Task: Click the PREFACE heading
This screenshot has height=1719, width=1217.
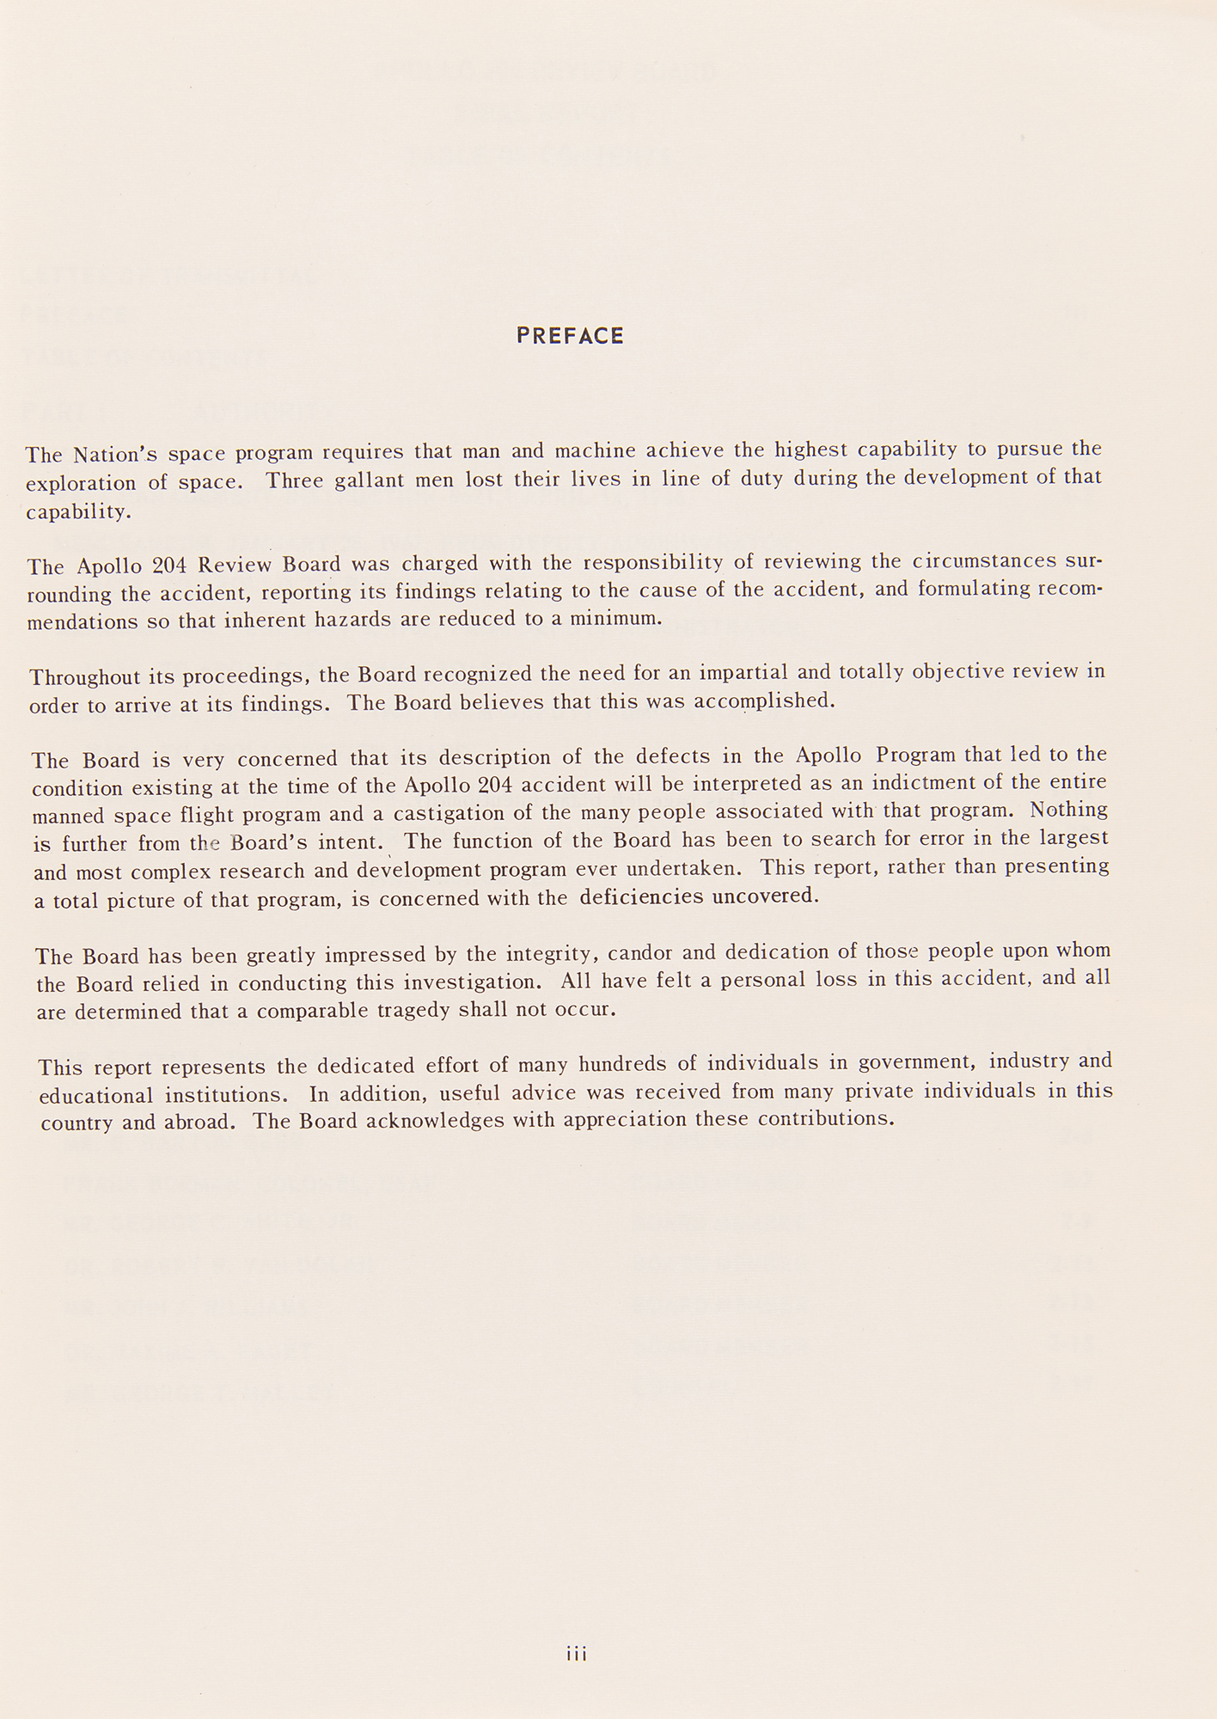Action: click(570, 336)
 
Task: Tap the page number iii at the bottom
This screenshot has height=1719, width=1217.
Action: click(576, 1653)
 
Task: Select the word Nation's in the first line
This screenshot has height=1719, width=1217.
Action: click(113, 454)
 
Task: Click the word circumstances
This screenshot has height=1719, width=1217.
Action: click(984, 561)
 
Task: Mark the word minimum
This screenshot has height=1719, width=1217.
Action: click(621, 618)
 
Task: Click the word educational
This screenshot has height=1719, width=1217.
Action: click(96, 1096)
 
